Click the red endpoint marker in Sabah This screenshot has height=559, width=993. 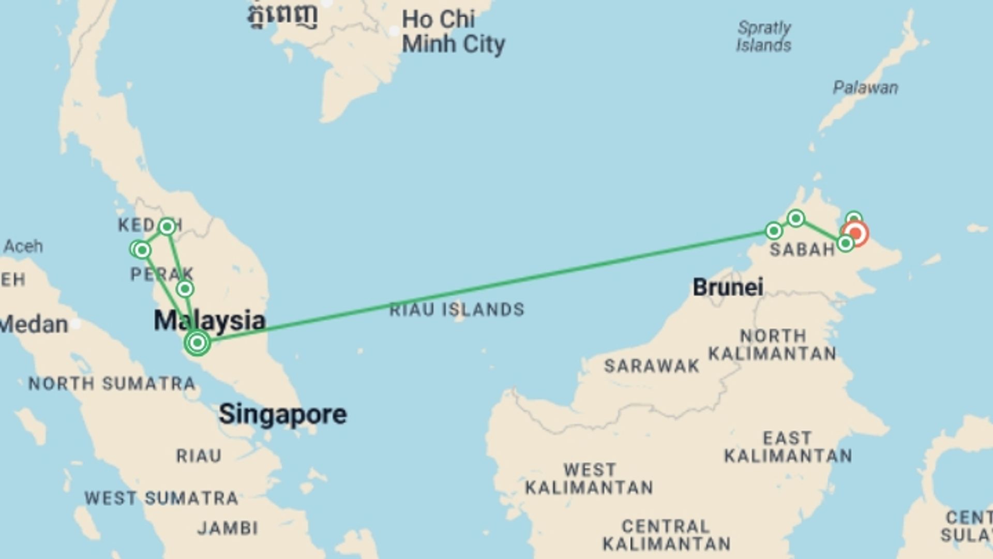point(855,233)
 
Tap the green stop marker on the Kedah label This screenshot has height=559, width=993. point(167,226)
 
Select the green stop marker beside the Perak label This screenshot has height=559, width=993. point(185,289)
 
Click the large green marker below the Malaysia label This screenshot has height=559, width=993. point(197,342)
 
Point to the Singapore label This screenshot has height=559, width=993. point(282,415)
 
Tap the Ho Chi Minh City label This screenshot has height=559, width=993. point(453,32)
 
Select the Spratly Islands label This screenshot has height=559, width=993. point(764,36)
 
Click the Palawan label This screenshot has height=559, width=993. point(865,87)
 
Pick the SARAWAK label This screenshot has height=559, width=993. point(652,366)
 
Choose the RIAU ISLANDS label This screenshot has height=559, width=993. point(457,310)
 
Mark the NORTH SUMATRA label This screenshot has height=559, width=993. point(112,384)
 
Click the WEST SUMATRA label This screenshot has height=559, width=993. point(161,498)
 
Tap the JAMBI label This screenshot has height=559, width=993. point(228,528)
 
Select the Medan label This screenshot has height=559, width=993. point(34,325)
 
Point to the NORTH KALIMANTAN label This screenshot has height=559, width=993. point(772,345)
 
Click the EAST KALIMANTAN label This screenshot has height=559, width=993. point(788,447)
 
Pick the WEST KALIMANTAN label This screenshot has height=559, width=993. point(589,479)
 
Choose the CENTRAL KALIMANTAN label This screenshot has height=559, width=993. point(666,535)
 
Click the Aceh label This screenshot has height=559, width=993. point(23,246)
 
